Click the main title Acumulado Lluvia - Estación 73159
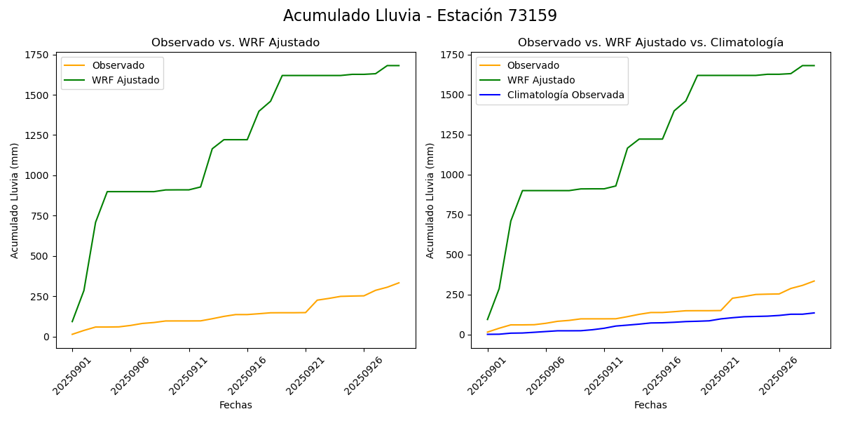420,16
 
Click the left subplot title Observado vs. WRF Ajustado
235,43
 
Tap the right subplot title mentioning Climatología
650,43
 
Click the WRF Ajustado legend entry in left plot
125,81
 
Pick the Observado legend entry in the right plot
533,65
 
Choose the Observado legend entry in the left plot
118,65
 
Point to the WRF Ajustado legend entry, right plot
540,80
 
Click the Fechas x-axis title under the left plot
235,405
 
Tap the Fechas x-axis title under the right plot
650,405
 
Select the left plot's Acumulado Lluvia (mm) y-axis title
15,200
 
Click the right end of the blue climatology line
814,313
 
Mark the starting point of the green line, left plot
72,321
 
